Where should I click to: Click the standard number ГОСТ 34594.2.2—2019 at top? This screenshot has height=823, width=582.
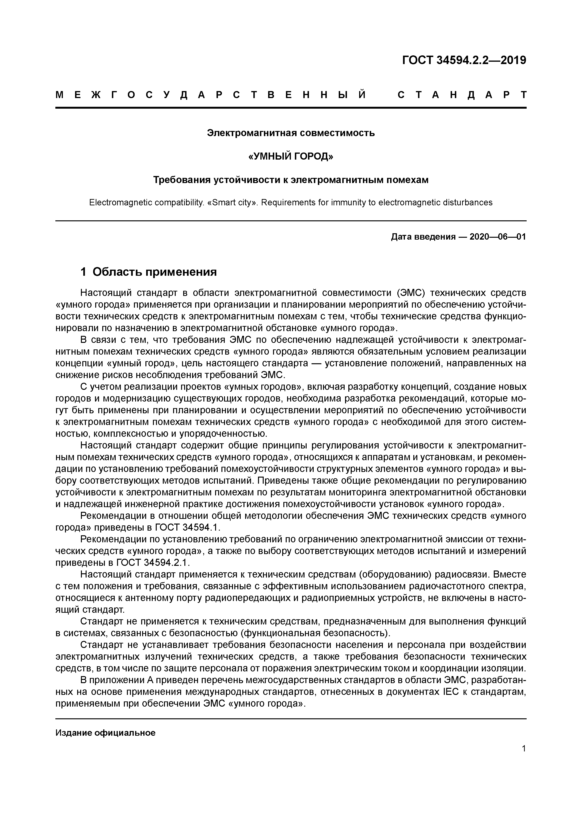[464, 60]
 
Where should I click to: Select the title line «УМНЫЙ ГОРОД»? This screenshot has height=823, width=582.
[291, 156]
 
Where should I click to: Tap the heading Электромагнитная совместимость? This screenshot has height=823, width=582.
[291, 133]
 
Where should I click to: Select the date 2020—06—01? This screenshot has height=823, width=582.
[497, 237]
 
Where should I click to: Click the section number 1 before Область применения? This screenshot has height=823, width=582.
[83, 272]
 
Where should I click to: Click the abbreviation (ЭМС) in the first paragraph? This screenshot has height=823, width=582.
[410, 293]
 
